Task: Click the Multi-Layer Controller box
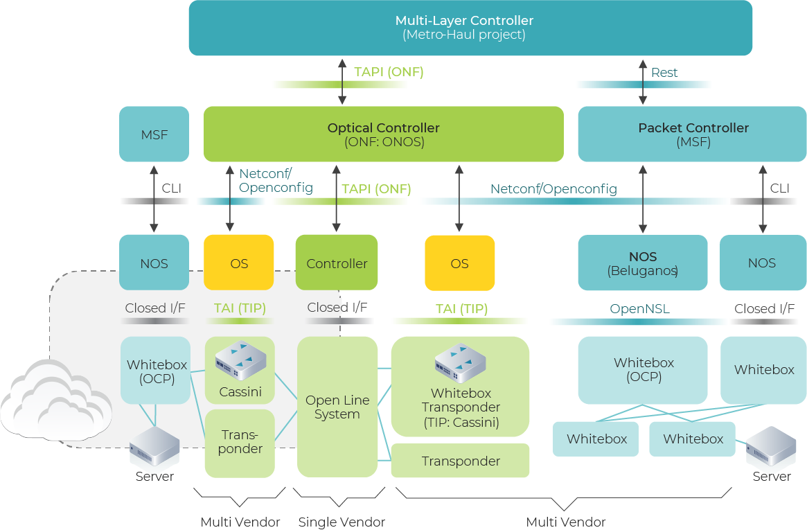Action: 470,28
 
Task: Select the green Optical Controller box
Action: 383,134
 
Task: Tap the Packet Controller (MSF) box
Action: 692,134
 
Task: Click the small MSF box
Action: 154,134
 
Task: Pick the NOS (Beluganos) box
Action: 643,263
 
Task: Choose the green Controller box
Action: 337,263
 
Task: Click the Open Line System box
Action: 337,407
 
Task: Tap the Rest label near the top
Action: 664,72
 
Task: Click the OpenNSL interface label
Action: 639,309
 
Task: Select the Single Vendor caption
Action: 342,522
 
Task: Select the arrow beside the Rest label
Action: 643,81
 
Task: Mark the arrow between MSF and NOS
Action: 154,198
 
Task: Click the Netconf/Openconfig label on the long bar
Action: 553,188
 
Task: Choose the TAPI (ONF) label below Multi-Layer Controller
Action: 389,72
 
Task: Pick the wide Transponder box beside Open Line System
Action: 461,461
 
